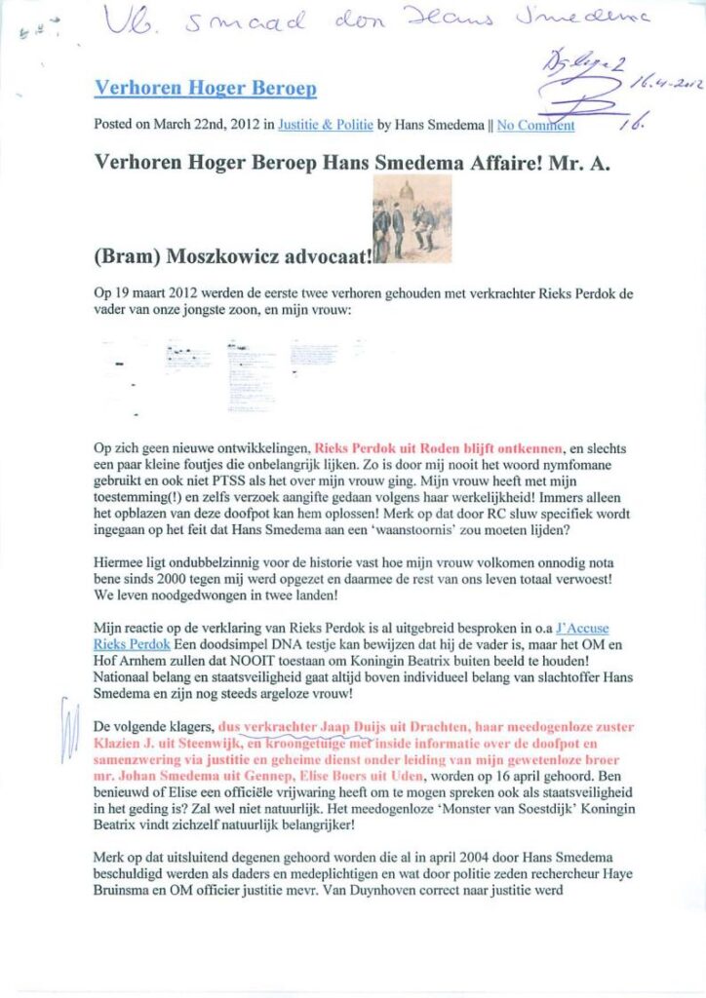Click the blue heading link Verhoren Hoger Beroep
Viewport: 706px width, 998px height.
[x=205, y=89]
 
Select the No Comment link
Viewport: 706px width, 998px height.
[x=535, y=125]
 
